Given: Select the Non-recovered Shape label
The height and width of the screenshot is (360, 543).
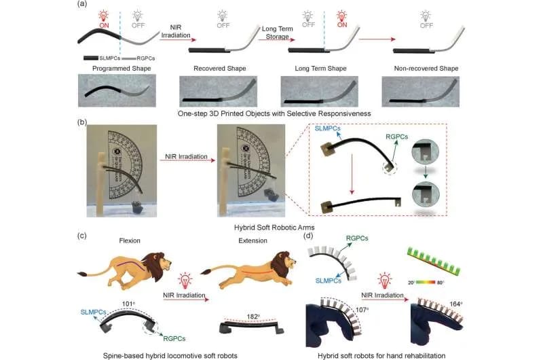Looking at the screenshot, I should [x=426, y=69].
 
